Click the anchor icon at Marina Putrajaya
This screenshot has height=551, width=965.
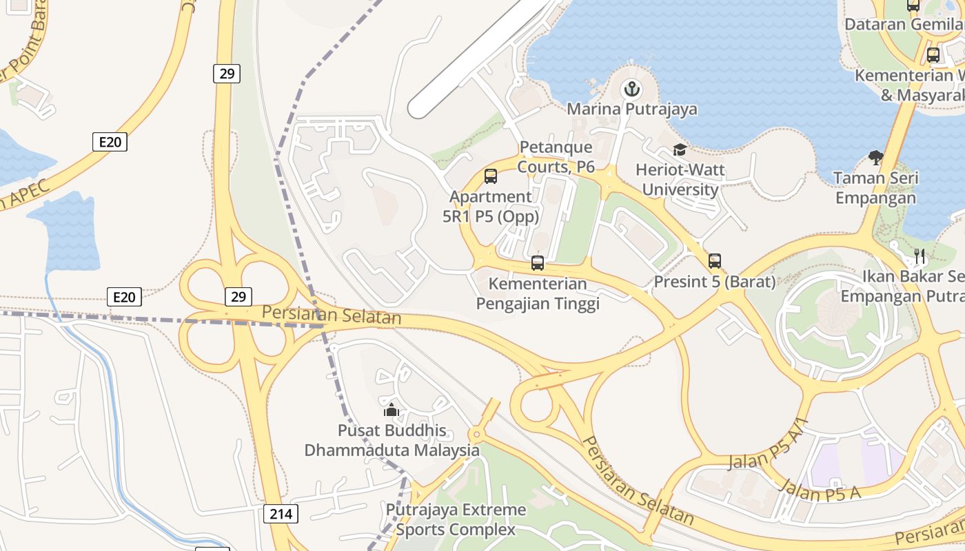tap(631, 89)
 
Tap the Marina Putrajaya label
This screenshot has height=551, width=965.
tap(631, 109)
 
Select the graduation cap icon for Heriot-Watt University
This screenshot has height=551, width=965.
tap(680, 150)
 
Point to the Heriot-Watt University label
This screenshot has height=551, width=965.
tap(676, 179)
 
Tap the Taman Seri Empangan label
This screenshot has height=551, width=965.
tap(875, 188)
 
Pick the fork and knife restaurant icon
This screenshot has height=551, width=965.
tap(920, 256)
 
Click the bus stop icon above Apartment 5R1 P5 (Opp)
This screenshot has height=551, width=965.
tap(491, 176)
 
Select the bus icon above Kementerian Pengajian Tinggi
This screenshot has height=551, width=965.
tap(538, 263)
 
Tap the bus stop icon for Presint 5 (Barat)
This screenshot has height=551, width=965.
tap(715, 262)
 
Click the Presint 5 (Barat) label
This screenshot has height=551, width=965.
tap(715, 282)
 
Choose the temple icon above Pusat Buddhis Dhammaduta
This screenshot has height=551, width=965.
tap(392, 410)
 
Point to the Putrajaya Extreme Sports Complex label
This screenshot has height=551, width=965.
tap(456, 520)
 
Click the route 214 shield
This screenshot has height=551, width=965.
tap(281, 514)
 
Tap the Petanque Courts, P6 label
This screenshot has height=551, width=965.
tap(556, 156)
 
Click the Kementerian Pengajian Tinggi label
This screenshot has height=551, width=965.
tap(538, 293)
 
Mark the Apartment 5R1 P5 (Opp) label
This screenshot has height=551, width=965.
tap(491, 206)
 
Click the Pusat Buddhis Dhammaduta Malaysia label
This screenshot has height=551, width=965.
tap(392, 441)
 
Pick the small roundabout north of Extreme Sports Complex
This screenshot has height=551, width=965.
tap(476, 435)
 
